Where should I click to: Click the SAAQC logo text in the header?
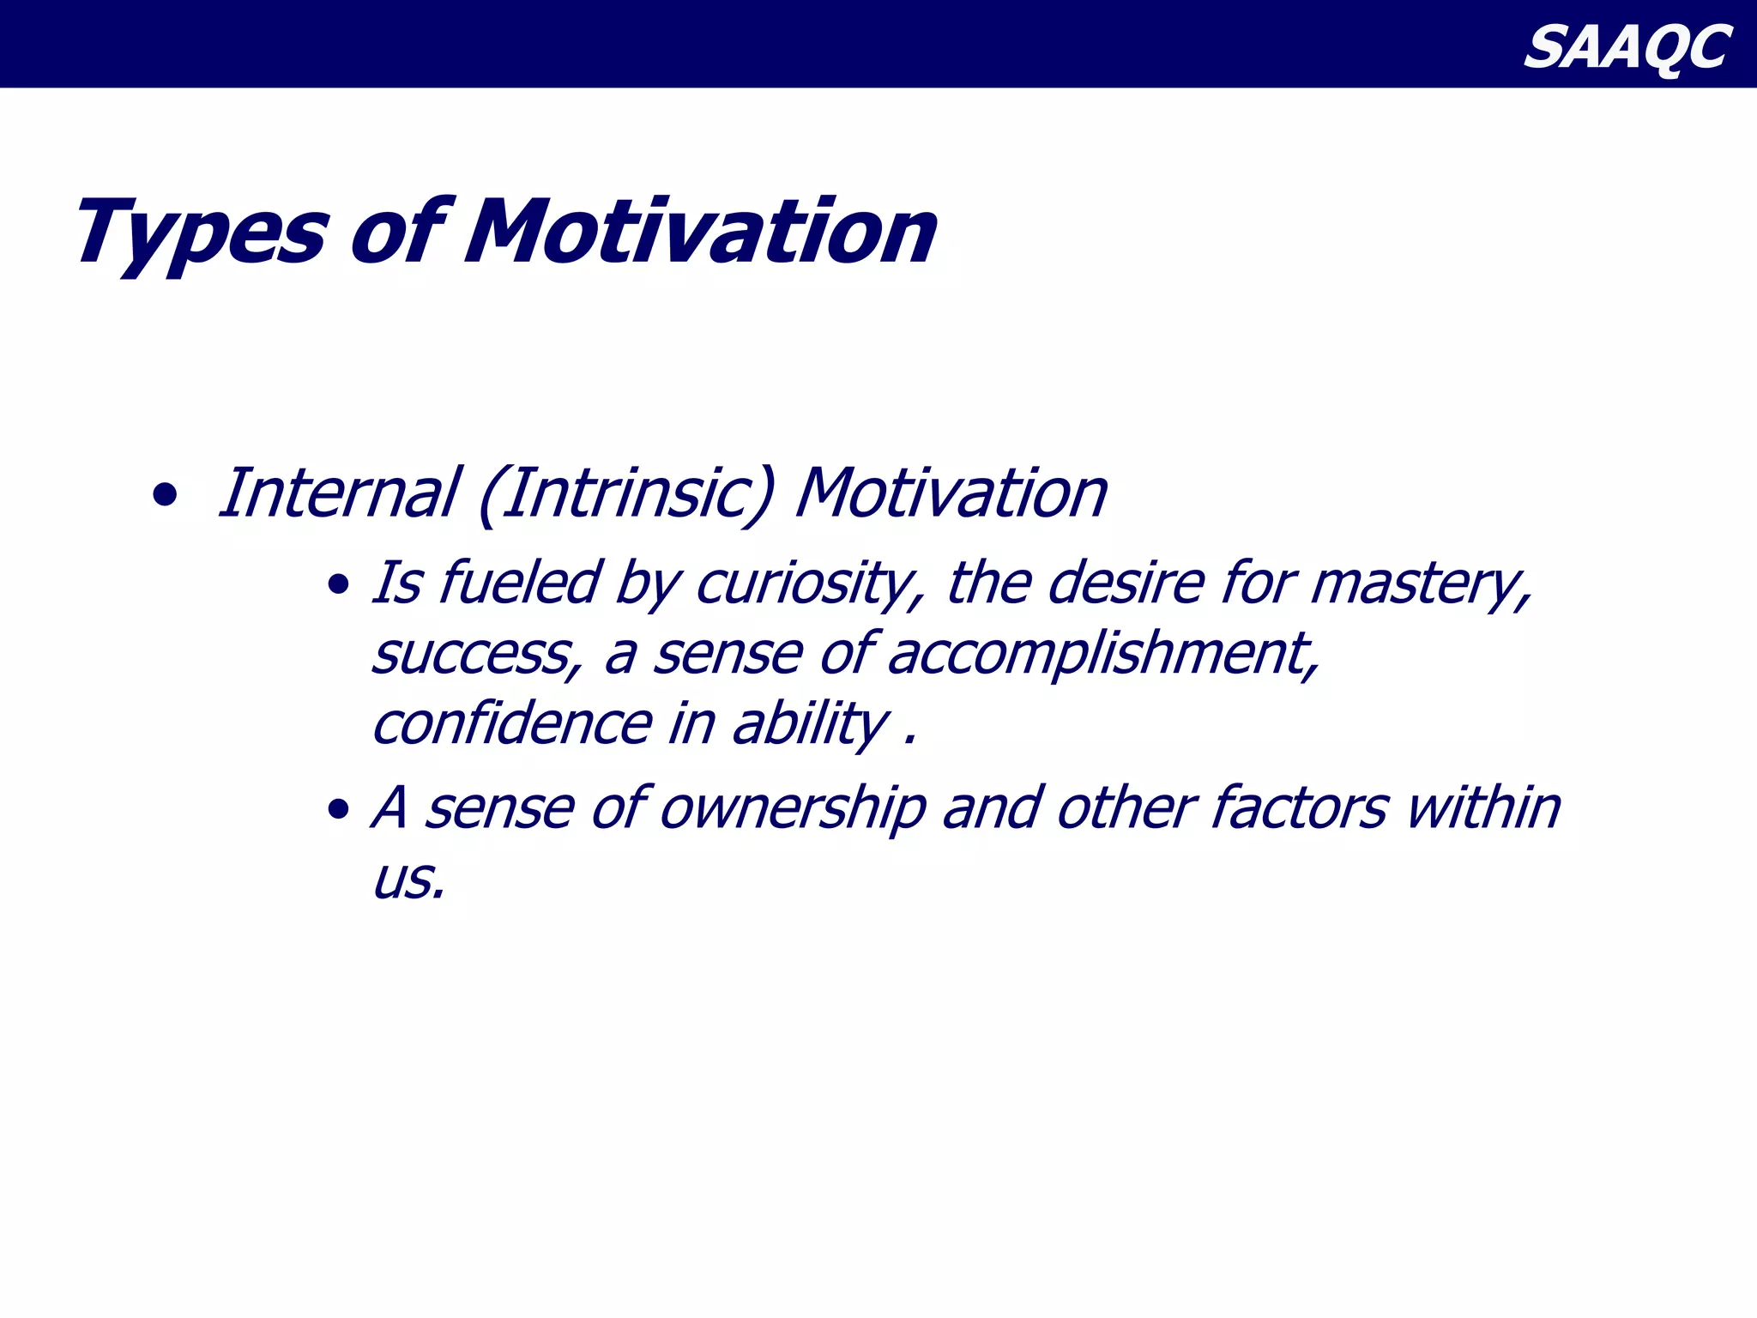(x=1627, y=46)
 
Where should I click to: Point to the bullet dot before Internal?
(x=164, y=495)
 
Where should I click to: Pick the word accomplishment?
(x=1102, y=656)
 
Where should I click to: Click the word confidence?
(x=512, y=724)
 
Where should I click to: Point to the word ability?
(x=810, y=726)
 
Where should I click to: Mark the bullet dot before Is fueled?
(x=339, y=586)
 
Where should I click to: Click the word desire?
(x=1126, y=584)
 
